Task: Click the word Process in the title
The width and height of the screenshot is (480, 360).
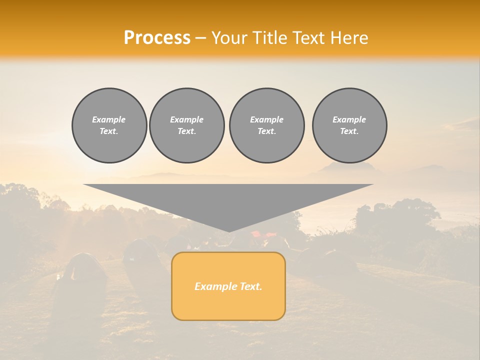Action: (x=157, y=38)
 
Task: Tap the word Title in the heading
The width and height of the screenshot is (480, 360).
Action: (x=273, y=38)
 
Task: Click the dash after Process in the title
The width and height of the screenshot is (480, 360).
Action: (x=201, y=38)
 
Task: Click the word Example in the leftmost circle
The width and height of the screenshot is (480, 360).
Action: (x=109, y=119)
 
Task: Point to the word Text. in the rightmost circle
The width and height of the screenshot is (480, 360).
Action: (x=349, y=131)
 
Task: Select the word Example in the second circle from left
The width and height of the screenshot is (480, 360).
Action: (x=187, y=119)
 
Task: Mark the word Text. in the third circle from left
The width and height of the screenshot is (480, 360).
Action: (x=266, y=131)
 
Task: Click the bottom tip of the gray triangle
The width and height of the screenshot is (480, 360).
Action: (x=229, y=231)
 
